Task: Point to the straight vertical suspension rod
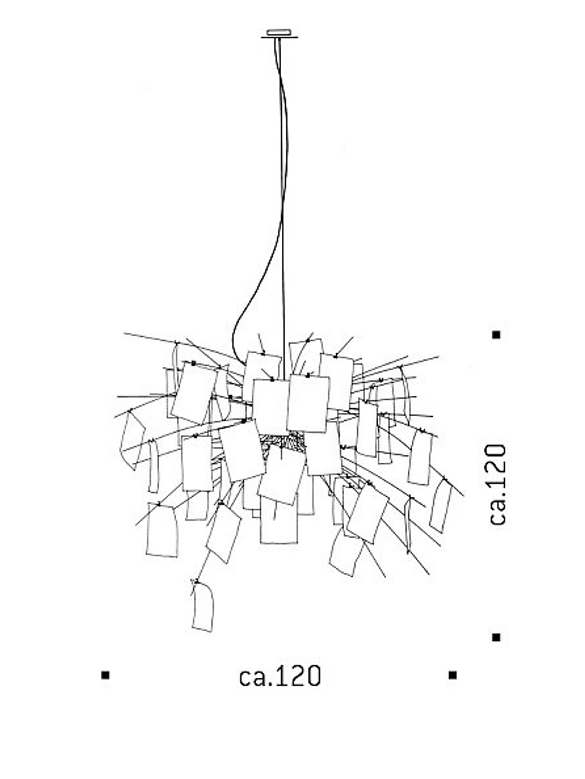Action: [x=283, y=208]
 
